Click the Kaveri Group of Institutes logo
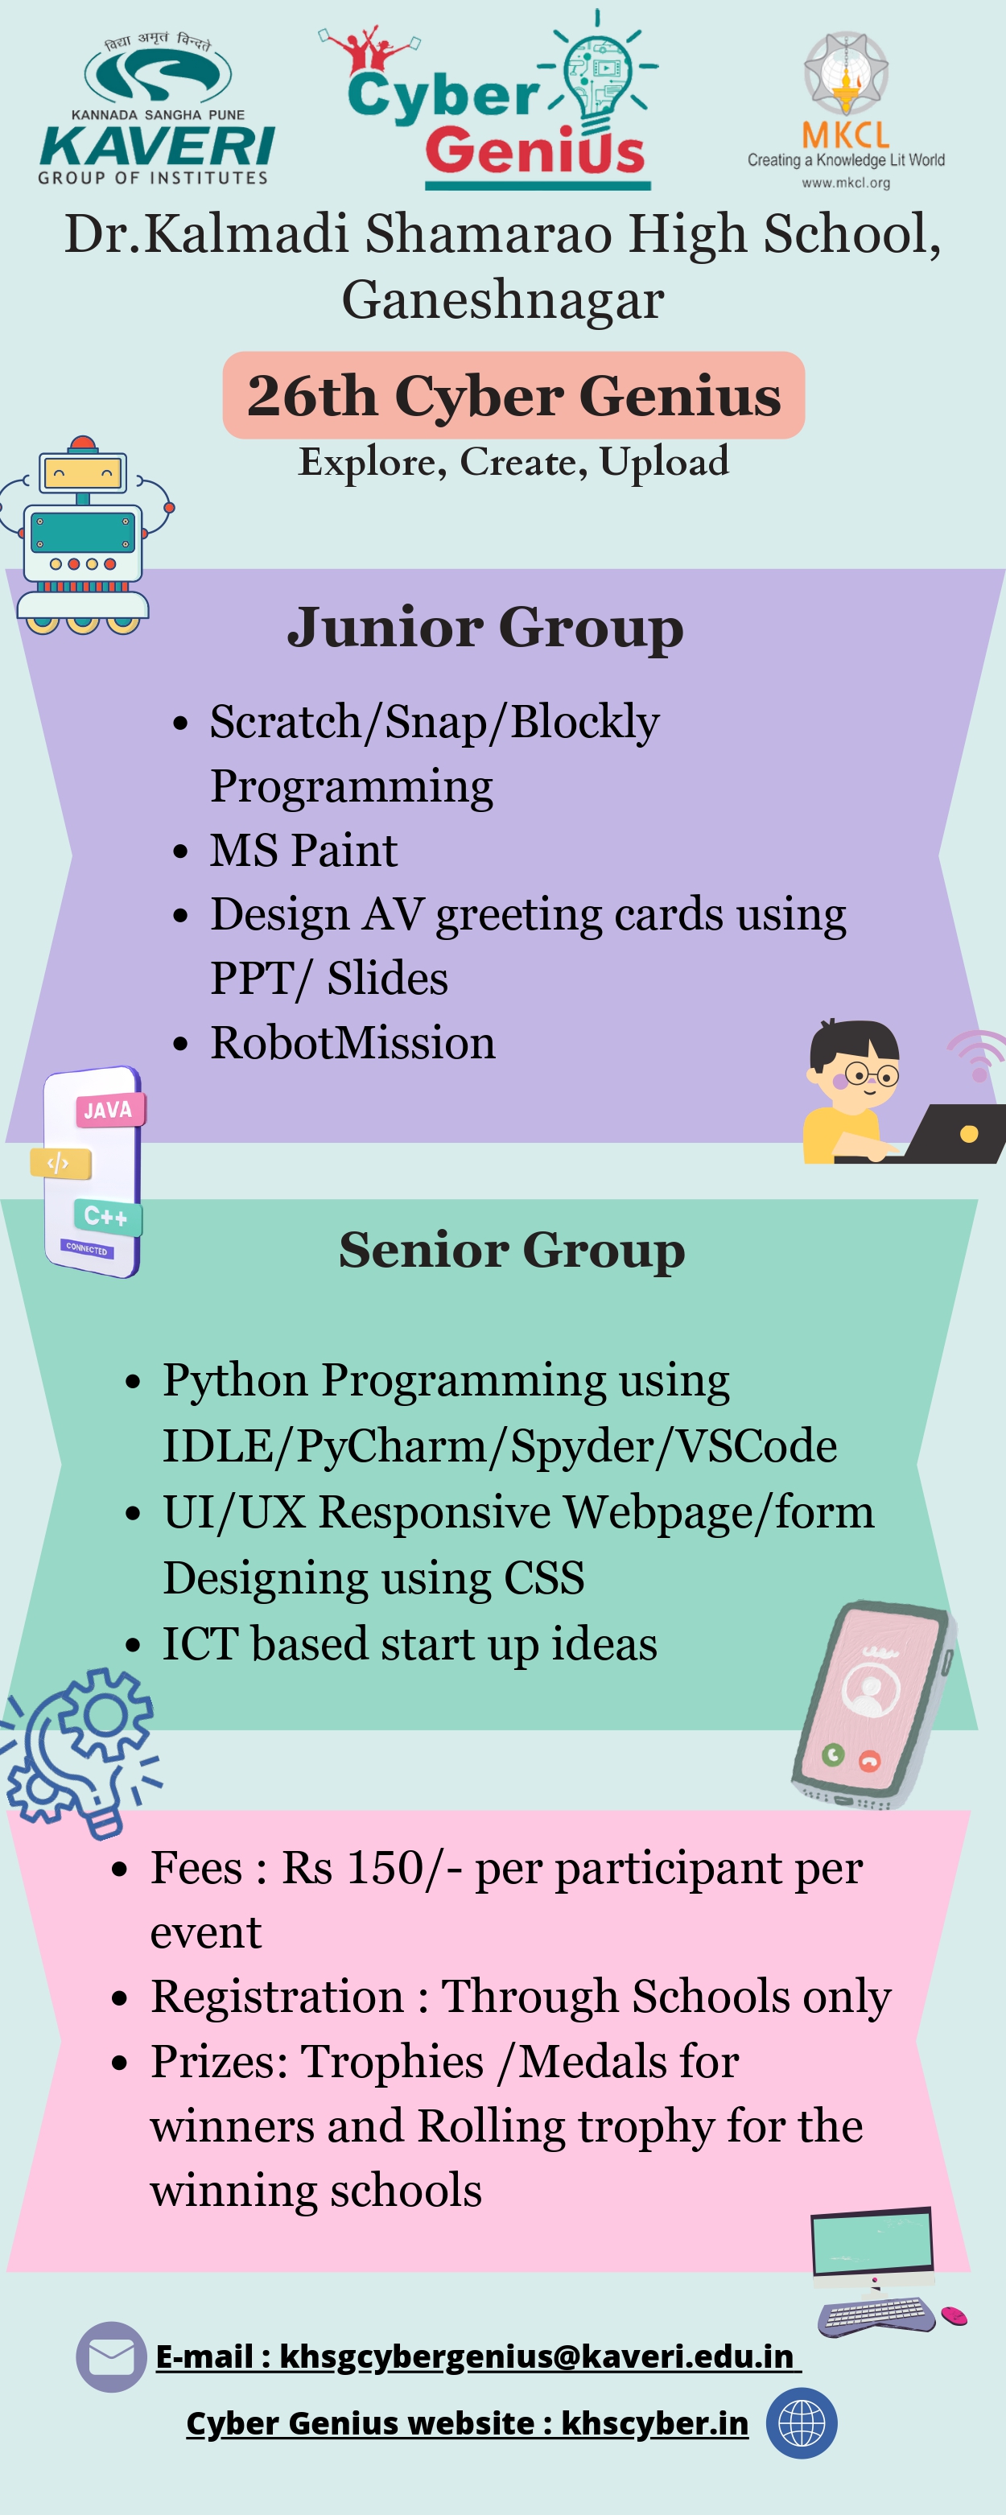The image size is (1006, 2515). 156,109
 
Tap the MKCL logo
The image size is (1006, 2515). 846,110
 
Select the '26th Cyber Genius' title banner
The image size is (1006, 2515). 513,395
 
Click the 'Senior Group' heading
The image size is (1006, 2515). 512,1250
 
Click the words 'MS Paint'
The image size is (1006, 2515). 303,849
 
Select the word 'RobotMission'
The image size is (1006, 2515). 353,1041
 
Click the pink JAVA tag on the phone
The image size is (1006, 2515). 109,1110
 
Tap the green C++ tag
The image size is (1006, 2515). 106,1217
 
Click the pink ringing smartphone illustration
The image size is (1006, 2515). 872,1704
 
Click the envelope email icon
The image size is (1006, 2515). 111,2356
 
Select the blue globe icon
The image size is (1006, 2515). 802,2423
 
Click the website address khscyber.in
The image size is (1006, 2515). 654,2423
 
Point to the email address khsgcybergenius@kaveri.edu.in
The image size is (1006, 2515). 536,2356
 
